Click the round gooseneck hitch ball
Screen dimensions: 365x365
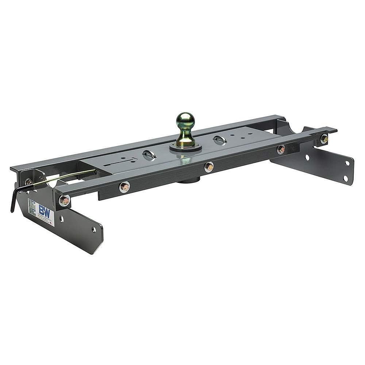[185, 121]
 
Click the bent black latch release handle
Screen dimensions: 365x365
[15, 199]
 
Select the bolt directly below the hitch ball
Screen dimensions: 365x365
[209, 167]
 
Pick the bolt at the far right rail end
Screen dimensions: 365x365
[324, 139]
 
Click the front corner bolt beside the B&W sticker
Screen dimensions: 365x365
[64, 200]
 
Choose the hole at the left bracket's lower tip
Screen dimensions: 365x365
[94, 230]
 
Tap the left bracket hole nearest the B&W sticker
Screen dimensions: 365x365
[61, 219]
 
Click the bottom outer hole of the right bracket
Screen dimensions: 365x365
[345, 178]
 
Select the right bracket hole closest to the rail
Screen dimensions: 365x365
[307, 157]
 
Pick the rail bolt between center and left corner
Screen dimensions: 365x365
[124, 187]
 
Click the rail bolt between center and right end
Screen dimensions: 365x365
[281, 149]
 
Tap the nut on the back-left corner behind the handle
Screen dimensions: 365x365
[29, 181]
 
